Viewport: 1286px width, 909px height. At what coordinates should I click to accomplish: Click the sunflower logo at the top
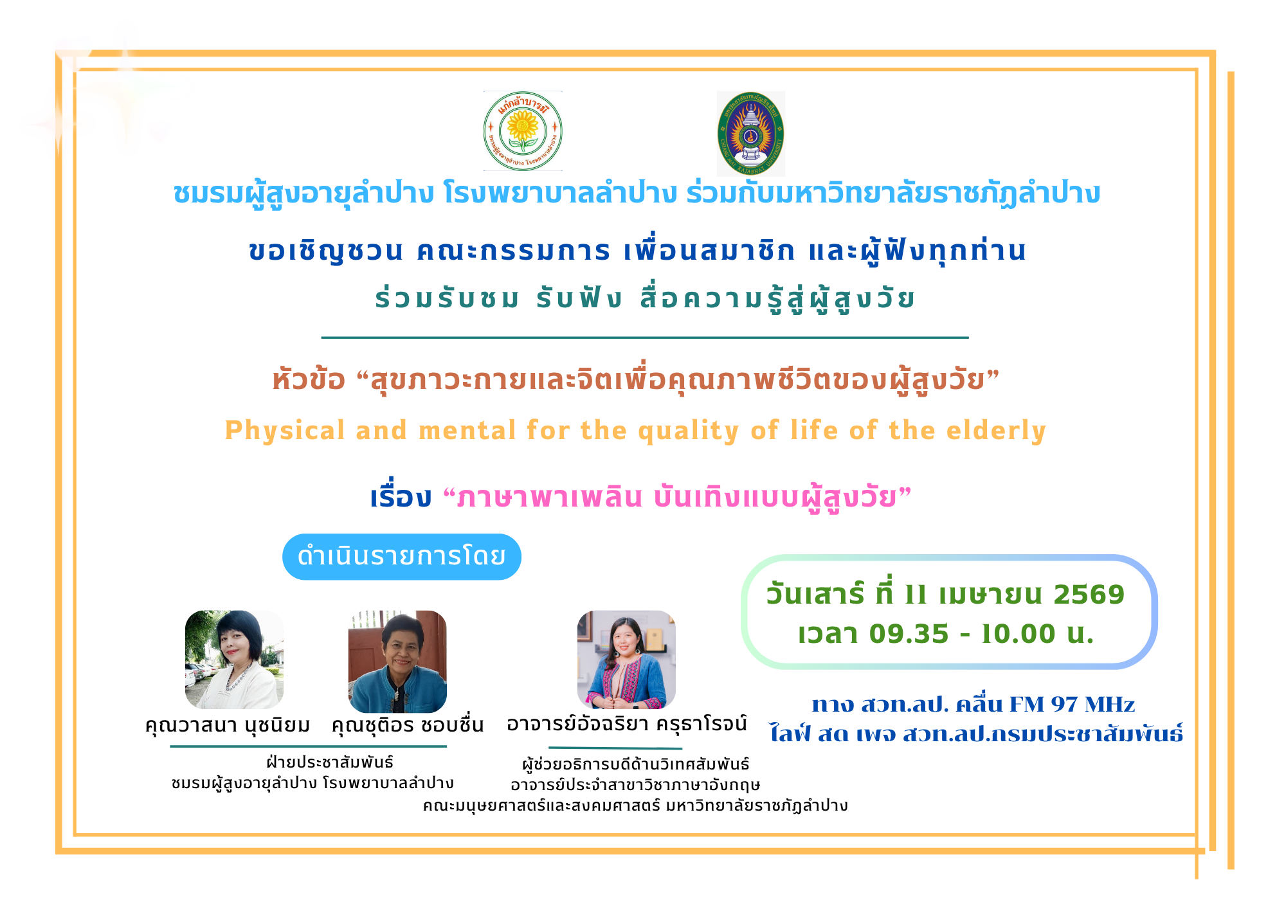523,131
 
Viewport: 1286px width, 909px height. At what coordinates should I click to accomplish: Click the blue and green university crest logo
750,134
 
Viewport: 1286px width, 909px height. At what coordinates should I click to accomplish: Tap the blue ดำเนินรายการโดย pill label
402,557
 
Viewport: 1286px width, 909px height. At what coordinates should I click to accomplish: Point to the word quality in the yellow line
689,431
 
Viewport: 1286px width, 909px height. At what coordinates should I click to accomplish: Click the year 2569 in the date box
1089,595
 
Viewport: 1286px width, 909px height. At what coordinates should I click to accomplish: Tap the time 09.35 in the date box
909,634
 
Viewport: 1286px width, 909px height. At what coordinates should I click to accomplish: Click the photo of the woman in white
234,660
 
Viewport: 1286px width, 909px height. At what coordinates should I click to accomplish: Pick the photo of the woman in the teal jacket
397,661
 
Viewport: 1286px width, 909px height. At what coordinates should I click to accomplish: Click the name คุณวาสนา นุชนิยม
228,725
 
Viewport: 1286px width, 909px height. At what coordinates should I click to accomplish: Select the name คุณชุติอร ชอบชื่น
407,724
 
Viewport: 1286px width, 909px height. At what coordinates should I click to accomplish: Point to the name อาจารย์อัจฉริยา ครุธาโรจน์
627,724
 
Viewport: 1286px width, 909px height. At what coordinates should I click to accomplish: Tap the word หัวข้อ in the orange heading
309,379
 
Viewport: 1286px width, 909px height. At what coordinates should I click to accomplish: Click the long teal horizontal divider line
645,337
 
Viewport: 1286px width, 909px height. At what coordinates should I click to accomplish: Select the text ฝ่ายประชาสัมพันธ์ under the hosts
330,762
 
